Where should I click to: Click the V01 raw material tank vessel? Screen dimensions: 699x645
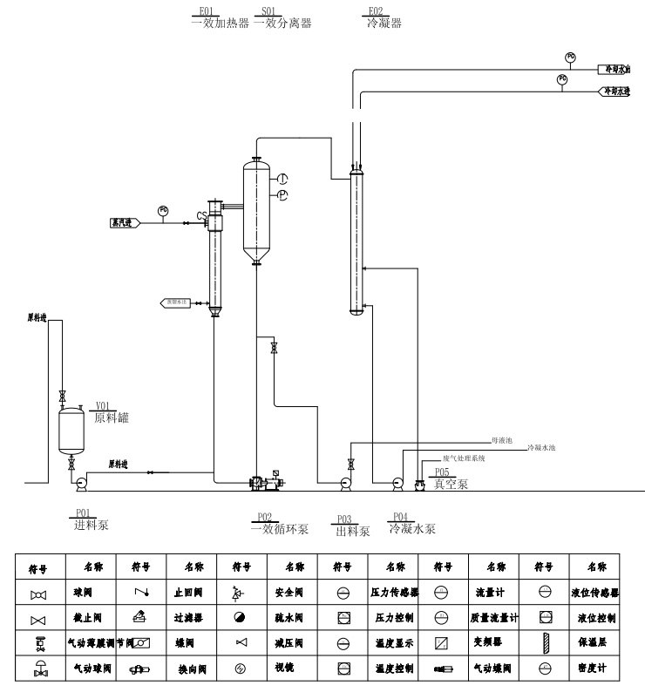click(71, 430)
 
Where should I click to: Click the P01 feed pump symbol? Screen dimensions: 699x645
click(81, 481)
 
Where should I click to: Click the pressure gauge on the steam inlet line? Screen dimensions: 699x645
click(163, 210)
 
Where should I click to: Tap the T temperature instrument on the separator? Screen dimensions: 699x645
click(282, 179)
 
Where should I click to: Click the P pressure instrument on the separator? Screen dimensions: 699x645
click(282, 195)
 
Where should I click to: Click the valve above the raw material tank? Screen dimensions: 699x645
click(62, 396)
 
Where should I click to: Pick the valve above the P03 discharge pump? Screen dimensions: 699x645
click(351, 463)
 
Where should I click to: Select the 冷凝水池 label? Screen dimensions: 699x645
click(541, 448)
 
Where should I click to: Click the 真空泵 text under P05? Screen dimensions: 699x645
click(451, 484)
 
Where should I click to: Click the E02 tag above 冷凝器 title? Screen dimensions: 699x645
click(376, 11)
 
